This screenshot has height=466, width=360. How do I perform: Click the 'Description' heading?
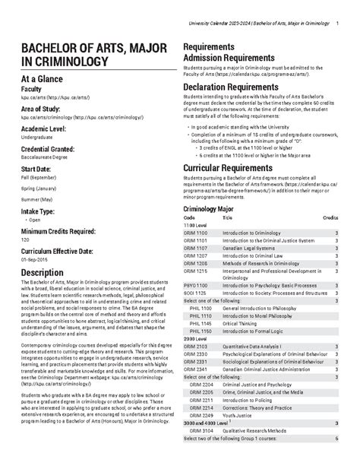46,273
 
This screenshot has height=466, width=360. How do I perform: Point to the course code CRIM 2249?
200,415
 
